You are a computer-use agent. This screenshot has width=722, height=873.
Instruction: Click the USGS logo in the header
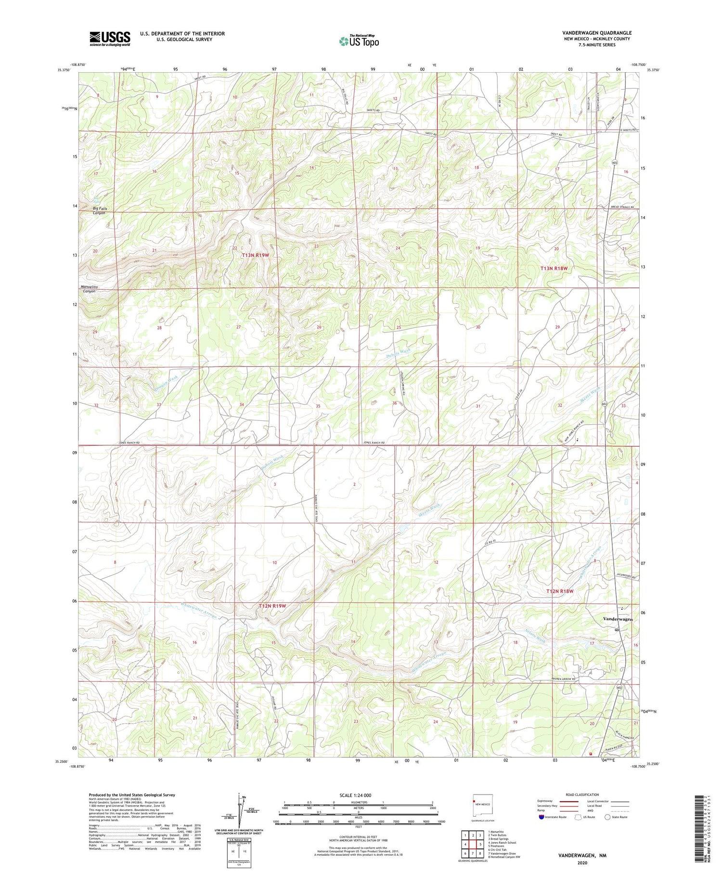tap(110, 39)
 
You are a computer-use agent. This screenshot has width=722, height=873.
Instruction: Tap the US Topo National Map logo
tap(359, 41)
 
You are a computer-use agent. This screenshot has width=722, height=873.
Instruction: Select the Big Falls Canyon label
tap(100, 210)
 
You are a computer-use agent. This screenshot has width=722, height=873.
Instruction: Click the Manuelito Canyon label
tap(90, 289)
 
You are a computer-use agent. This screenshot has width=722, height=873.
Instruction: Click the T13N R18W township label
tap(557, 268)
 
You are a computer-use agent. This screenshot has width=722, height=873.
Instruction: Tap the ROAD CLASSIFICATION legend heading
tap(582, 795)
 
